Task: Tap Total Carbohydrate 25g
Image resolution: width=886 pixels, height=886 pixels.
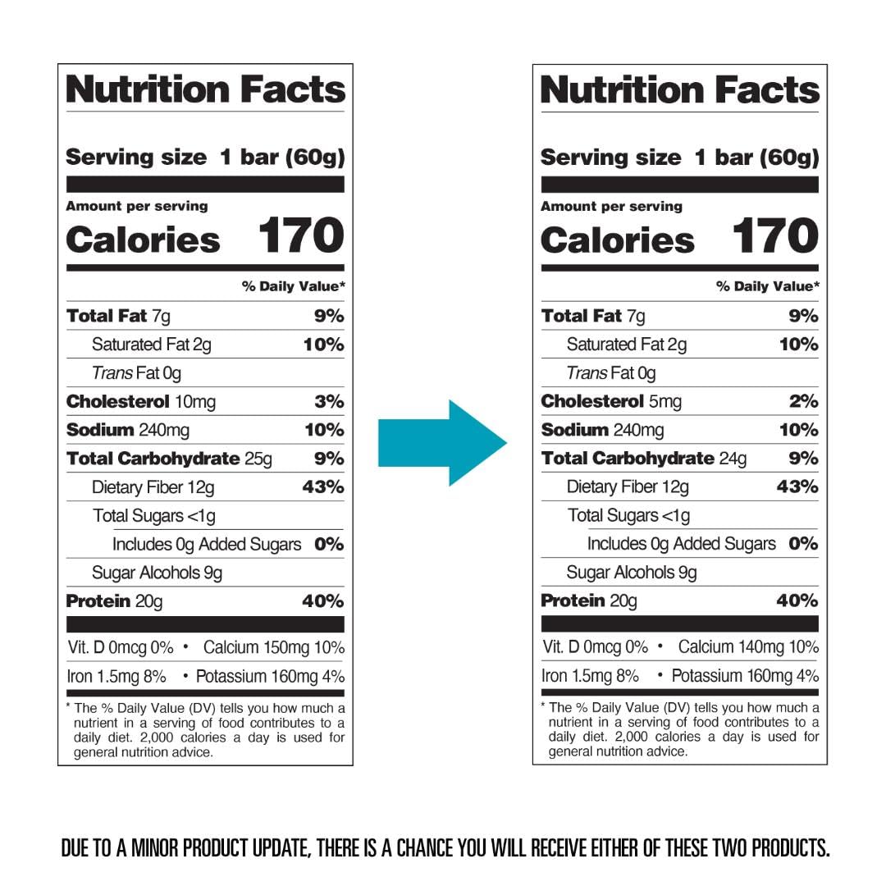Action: point(169,459)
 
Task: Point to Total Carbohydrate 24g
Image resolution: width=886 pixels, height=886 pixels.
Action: point(644,459)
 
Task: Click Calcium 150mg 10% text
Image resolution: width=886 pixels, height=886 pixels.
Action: point(274,648)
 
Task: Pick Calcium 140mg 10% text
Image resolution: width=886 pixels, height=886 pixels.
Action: point(749,647)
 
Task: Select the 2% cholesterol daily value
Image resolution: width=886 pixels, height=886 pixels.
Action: point(804,402)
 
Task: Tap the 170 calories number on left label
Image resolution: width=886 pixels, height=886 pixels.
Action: point(300,236)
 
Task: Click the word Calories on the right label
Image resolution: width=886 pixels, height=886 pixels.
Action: point(617,240)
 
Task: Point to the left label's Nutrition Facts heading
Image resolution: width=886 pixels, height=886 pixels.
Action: point(205,89)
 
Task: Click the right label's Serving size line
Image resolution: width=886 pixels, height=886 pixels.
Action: point(679,158)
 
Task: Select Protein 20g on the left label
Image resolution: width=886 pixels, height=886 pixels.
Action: point(114,601)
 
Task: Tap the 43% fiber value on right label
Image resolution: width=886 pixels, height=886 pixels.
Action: point(797,487)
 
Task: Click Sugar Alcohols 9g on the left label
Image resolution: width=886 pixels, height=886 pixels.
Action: point(157,573)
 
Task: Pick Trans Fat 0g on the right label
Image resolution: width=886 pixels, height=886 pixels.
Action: point(611,373)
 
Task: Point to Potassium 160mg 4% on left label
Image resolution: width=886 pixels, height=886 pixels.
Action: point(269,677)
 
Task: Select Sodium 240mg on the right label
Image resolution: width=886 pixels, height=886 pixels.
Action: point(602,430)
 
